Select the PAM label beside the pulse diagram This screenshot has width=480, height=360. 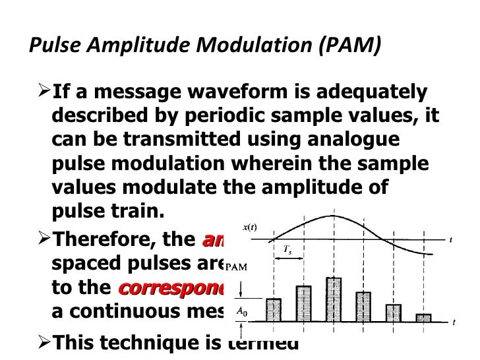click(x=235, y=268)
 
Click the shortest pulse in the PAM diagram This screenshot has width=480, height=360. click(x=423, y=317)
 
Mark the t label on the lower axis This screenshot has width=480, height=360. click(x=455, y=322)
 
